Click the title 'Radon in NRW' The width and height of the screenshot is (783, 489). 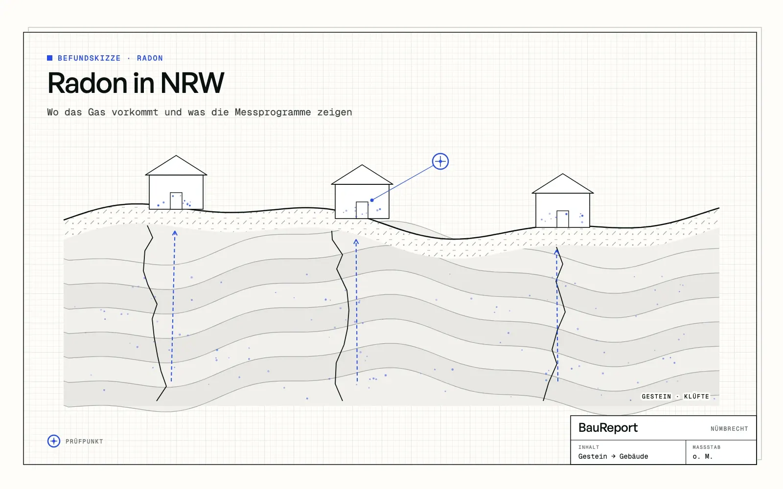pyautogui.click(x=136, y=83)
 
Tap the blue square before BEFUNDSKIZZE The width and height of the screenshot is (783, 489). pyautogui.click(x=49, y=58)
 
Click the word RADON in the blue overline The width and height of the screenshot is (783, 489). pyautogui.click(x=150, y=58)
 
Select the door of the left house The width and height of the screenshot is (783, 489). pyautogui.click(x=176, y=201)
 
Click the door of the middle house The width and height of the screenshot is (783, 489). pyautogui.click(x=362, y=210)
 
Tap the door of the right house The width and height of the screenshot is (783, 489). pyautogui.click(x=563, y=219)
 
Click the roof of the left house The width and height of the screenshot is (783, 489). pyautogui.click(x=176, y=166)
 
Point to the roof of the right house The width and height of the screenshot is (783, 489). pyautogui.click(x=563, y=184)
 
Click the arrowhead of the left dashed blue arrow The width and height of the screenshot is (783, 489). pyautogui.click(x=175, y=233)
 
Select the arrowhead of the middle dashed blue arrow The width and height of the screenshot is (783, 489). pyautogui.click(x=356, y=242)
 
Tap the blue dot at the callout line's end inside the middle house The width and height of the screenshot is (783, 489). pyautogui.click(x=372, y=200)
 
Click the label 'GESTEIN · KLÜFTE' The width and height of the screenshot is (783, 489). pyautogui.click(x=675, y=397)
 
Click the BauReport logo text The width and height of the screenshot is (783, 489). pyautogui.click(x=608, y=428)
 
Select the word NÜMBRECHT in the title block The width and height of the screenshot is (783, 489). pyautogui.click(x=729, y=428)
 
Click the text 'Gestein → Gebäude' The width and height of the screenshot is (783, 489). pyautogui.click(x=613, y=457)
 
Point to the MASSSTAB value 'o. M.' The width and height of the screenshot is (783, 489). pyautogui.click(x=703, y=457)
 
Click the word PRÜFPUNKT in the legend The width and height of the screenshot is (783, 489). pyautogui.click(x=84, y=442)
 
